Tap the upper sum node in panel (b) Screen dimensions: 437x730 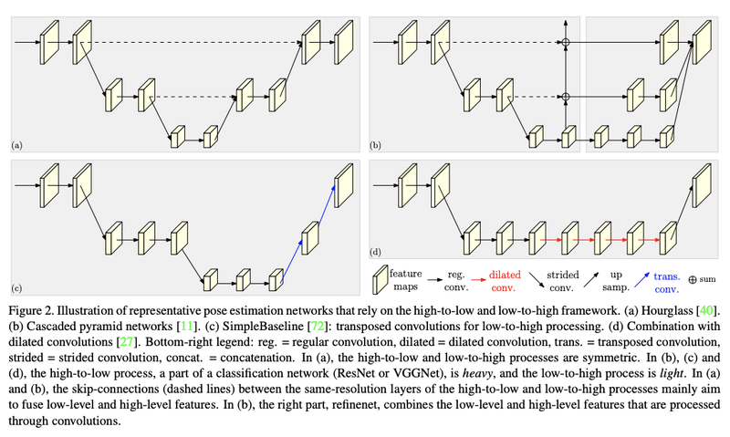click(566, 43)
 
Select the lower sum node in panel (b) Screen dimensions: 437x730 click(566, 96)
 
